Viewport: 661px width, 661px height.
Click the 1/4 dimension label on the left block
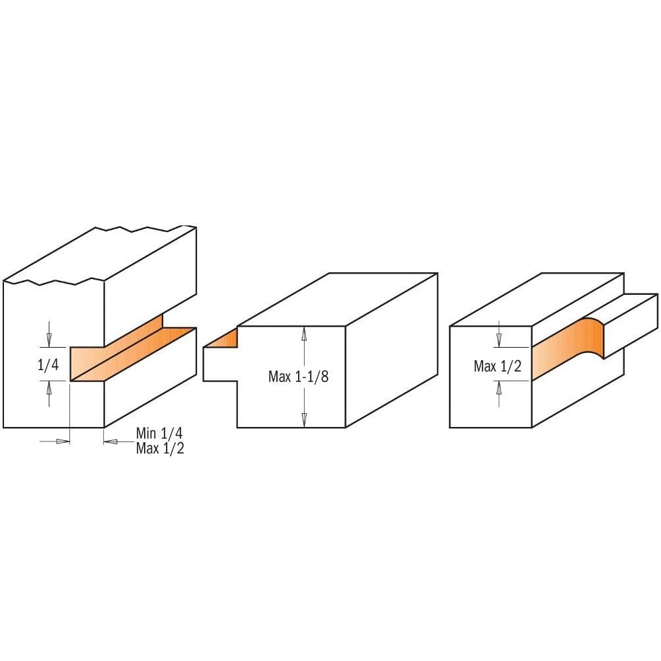point(48,365)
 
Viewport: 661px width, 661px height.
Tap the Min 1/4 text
point(159,434)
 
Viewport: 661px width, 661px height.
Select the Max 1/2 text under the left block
point(160,448)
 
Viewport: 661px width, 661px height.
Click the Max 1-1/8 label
point(299,377)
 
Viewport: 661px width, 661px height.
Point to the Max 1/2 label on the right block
point(498,366)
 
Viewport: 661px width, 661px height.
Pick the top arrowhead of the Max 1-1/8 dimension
point(303,334)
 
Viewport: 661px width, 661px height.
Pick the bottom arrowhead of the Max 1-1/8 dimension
point(303,420)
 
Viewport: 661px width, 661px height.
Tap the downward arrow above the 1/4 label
point(49,334)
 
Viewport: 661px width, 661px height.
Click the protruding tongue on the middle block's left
point(220,364)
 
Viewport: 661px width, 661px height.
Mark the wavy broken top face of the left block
point(100,255)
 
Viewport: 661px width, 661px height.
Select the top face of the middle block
point(337,299)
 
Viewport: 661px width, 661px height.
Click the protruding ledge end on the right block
point(631,325)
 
